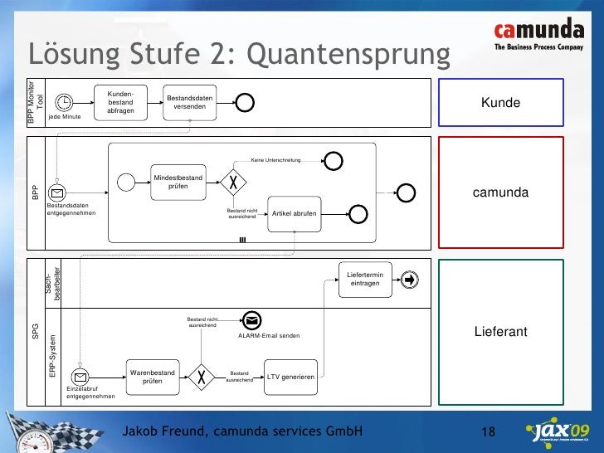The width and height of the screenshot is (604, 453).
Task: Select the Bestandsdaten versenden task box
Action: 190,103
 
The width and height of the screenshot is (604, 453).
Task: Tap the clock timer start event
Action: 65,102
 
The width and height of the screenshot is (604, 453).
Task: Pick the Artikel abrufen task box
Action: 294,213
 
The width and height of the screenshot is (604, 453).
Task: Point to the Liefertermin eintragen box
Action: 365,280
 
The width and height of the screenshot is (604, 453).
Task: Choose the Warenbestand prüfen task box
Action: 153,377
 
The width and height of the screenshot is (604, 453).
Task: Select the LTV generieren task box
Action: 290,377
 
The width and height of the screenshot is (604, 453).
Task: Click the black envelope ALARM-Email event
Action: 252,320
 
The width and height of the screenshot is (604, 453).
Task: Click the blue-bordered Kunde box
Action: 500,103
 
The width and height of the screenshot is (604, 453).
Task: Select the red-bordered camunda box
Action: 500,192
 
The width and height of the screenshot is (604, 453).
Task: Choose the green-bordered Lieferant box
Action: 500,332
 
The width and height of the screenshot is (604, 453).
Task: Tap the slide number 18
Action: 488,432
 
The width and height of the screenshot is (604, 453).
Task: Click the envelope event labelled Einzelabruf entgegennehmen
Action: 83,377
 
